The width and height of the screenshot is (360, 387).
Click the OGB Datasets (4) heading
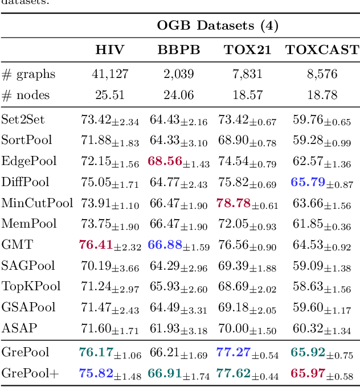point(218,26)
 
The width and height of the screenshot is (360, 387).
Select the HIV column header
point(110,50)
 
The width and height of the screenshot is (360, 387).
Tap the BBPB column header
point(179,50)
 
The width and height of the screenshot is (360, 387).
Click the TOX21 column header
point(247,50)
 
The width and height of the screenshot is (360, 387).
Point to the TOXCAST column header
point(322,50)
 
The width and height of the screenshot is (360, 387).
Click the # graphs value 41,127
point(110,74)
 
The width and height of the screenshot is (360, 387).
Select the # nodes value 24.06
point(179,95)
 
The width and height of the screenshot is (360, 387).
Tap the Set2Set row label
point(23,120)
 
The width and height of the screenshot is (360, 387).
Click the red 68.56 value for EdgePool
point(165,161)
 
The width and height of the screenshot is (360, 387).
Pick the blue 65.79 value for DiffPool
point(308,182)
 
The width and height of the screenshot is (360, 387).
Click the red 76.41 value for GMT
point(95,245)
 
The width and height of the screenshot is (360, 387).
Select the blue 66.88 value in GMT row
point(165,245)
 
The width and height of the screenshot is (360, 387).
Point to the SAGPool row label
point(28,266)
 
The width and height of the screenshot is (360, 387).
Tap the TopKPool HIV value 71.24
point(96,287)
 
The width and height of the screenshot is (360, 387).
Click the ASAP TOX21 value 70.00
point(234,328)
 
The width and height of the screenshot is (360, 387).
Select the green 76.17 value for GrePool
point(95,352)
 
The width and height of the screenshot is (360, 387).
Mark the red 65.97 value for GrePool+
point(308,373)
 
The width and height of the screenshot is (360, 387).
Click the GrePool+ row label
point(30,373)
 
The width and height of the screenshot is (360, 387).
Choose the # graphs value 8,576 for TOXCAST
point(322,74)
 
